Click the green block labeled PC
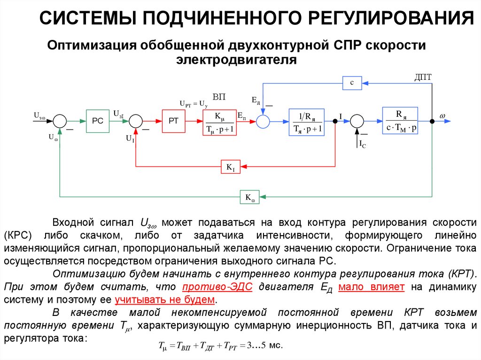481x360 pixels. (x=97, y=121)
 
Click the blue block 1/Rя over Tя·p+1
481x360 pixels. (x=306, y=122)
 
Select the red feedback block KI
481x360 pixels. (x=230, y=167)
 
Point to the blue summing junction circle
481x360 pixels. (x=263, y=121)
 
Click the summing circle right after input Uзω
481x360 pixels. (x=60, y=121)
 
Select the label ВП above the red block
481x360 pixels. (x=219, y=97)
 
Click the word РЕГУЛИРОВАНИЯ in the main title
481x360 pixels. (x=390, y=19)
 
